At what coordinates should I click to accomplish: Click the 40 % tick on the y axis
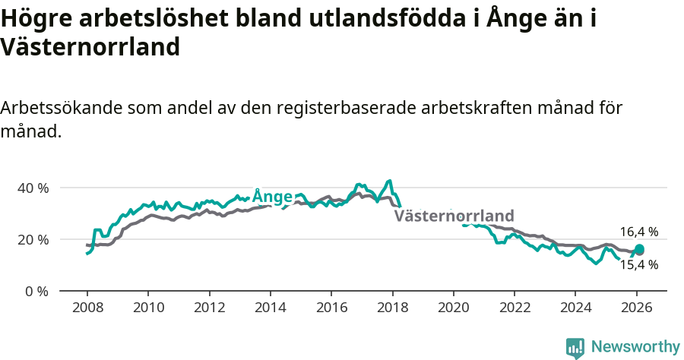[33, 188]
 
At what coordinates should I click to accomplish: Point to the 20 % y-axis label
[33, 239]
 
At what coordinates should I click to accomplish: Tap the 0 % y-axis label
[36, 292]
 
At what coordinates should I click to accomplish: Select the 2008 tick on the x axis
[87, 308]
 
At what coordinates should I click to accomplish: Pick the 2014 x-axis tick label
[270, 308]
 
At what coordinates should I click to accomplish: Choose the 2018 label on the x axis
[392, 308]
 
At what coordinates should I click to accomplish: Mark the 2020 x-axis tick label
[453, 308]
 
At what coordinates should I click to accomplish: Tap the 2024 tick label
[575, 308]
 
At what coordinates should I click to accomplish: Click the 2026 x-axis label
[636, 308]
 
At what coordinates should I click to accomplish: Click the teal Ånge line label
[272, 197]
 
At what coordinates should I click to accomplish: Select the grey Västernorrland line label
[454, 215]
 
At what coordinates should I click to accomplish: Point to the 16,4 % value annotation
[638, 232]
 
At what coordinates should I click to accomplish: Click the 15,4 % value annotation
[638, 265]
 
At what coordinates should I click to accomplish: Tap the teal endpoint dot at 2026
[639, 249]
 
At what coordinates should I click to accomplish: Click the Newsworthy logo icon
[575, 347]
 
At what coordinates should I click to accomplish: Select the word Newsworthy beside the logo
[635, 346]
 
